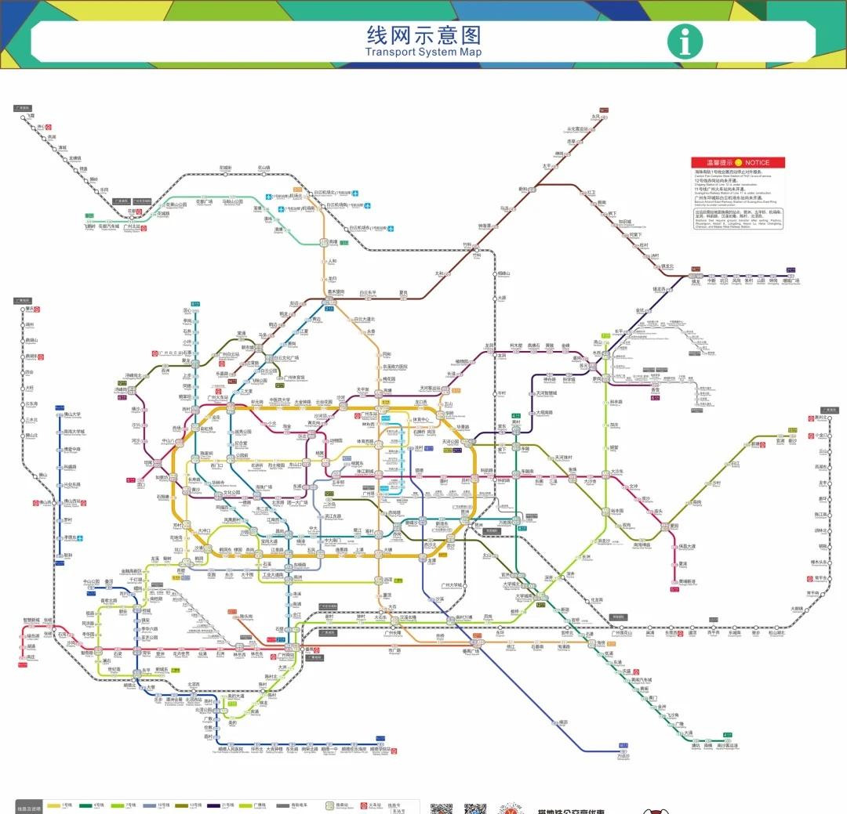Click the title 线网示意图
point(423,34)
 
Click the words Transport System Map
point(423,52)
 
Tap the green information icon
point(685,42)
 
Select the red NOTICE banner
point(737,162)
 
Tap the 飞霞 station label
point(30,116)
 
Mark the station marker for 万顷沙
point(623,751)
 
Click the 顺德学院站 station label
point(380,748)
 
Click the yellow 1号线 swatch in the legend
point(54,805)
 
